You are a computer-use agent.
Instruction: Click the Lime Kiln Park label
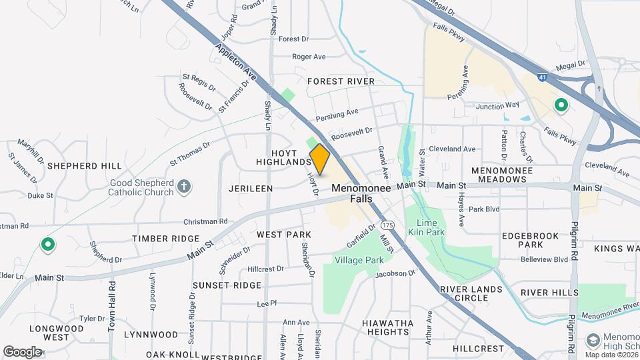pyautogui.click(x=430, y=227)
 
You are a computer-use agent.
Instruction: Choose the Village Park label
pyautogui.click(x=359, y=260)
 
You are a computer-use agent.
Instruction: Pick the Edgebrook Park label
pyautogui.click(x=531, y=240)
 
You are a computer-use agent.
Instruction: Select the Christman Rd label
pyautogui.click(x=205, y=221)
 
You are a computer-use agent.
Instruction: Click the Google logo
pyautogui.click(x=22, y=351)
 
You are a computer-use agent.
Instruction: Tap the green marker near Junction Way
pyautogui.click(x=561, y=105)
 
